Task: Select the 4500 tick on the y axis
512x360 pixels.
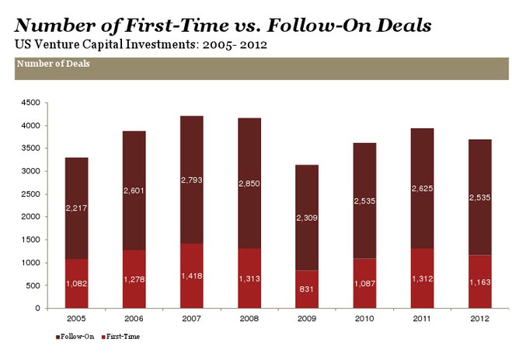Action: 30,103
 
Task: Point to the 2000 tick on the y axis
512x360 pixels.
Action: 30,217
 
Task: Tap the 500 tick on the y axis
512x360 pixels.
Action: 33,285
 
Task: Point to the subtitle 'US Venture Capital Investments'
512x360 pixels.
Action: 101,44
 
